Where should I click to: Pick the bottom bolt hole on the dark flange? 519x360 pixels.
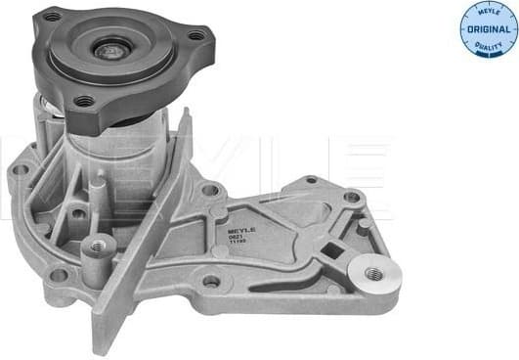click(84, 100)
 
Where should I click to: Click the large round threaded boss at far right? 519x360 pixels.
click(374, 276)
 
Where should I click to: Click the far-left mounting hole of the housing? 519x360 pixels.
click(21, 170)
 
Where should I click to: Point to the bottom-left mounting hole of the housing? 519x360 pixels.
click(59, 275)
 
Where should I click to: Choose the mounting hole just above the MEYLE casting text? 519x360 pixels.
click(208, 189)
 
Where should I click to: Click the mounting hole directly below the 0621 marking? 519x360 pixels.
click(210, 281)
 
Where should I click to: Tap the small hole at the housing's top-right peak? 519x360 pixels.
click(311, 180)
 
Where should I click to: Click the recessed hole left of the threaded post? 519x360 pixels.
click(76, 212)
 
